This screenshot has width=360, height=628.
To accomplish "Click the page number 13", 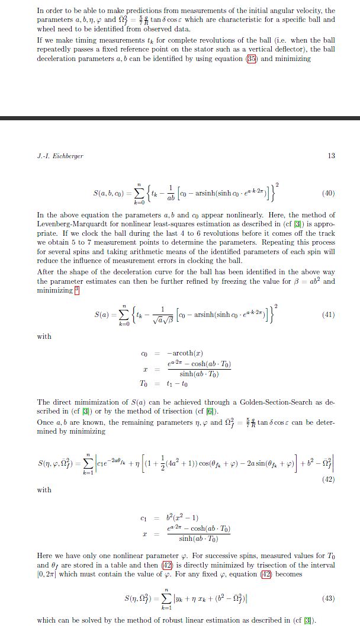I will coord(331,156).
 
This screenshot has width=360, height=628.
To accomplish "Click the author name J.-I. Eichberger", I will coord(60,156).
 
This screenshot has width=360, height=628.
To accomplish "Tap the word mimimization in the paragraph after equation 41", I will coord(83,402).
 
